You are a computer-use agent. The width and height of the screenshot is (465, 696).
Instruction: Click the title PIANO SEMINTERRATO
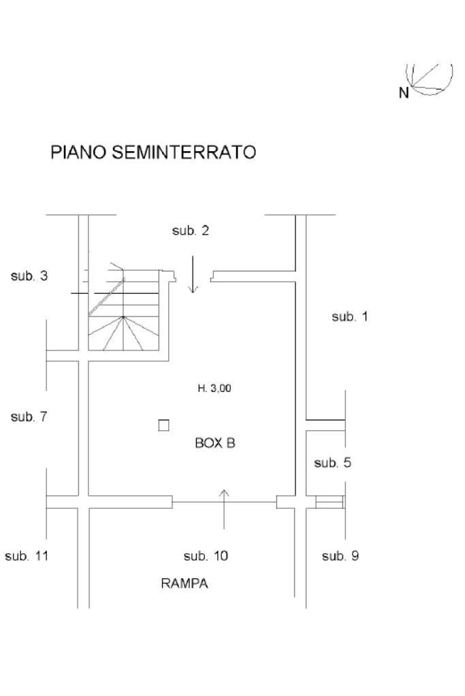154,152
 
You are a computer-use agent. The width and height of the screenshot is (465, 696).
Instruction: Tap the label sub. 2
190,231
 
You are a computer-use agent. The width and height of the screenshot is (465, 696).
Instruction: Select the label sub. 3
29,276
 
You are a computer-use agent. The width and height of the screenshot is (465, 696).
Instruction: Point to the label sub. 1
349,316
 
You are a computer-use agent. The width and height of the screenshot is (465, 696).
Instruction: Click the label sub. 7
29,417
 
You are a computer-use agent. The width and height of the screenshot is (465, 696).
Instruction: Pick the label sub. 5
332,463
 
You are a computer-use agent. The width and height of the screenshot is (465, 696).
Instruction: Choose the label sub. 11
27,556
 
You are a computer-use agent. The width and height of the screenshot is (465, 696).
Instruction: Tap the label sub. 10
206,556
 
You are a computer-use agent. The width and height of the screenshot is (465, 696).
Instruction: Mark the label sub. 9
340,556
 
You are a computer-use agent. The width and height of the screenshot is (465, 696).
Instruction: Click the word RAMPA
185,583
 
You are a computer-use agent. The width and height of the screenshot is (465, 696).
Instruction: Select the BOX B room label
215,443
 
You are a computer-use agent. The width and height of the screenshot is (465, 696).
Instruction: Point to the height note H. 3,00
214,388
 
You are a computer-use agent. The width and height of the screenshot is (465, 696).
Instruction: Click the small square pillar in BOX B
163,425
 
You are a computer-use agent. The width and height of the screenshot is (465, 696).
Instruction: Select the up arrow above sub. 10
225,509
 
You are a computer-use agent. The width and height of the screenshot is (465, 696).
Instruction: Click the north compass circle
430,78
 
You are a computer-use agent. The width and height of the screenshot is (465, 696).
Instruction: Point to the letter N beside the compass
404,93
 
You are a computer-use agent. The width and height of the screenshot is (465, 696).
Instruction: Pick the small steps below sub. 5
330,502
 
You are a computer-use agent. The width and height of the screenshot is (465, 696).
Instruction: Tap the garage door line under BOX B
225,502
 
